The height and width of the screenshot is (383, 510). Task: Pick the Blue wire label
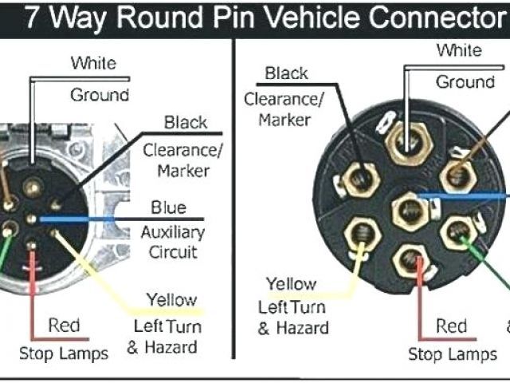click(x=168, y=208)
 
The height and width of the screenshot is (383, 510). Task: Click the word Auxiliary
click(x=172, y=233)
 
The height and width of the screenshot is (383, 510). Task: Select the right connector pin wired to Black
click(x=360, y=174)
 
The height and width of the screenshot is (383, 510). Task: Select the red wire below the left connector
click(x=32, y=287)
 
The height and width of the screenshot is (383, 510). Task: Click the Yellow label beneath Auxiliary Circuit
click(x=171, y=301)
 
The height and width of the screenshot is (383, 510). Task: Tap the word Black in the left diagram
click(x=185, y=123)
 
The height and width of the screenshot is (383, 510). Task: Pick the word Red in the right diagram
click(x=451, y=326)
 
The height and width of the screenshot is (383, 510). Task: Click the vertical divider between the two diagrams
click(x=234, y=199)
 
